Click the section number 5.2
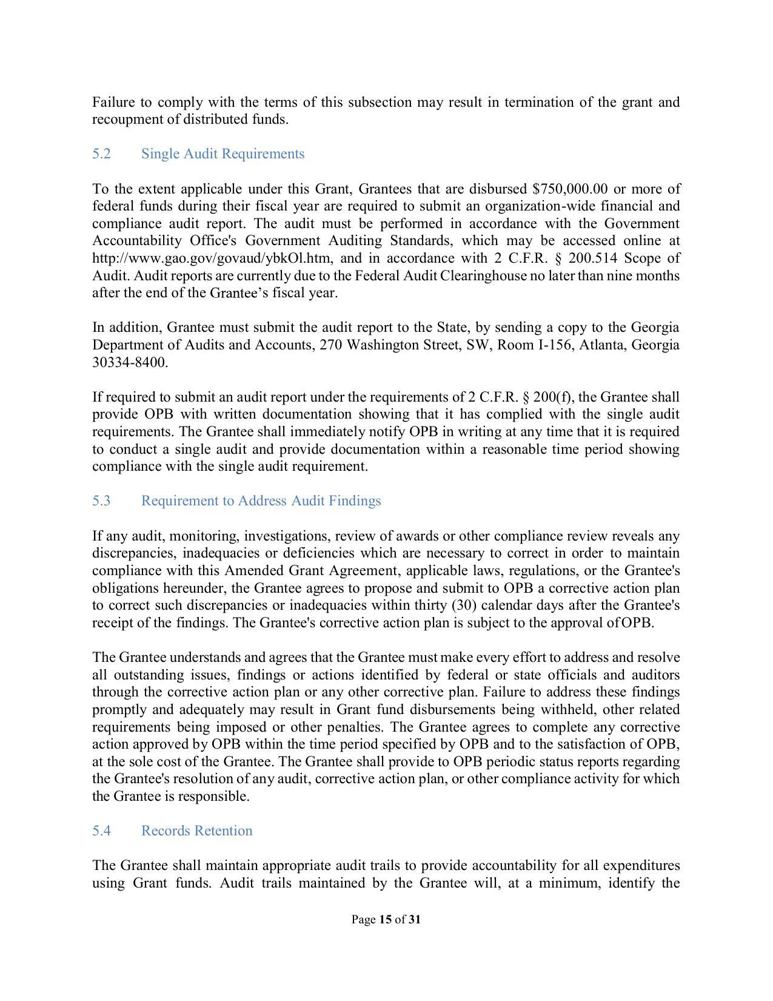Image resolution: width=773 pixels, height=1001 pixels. (101, 154)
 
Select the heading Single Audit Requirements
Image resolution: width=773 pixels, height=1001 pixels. (223, 154)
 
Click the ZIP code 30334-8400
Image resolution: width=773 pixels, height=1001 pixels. (129, 363)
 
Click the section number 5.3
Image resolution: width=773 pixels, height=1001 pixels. (101, 501)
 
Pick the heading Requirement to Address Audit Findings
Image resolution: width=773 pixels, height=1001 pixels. (261, 501)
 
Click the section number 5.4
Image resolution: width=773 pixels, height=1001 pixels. (101, 831)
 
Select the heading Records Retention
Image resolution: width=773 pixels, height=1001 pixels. (196, 831)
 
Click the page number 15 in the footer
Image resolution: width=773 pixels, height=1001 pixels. (385, 920)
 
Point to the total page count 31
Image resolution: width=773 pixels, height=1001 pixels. (414, 920)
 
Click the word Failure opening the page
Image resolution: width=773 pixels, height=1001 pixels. (113, 102)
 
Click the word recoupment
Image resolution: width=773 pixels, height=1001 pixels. (128, 120)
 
